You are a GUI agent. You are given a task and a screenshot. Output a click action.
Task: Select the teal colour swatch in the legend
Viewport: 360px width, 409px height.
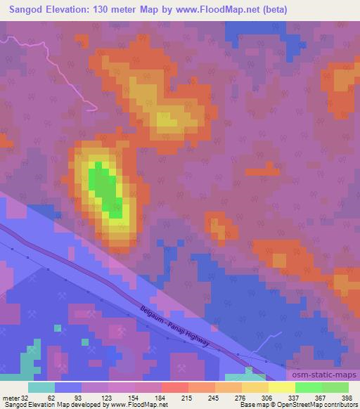point(41,387)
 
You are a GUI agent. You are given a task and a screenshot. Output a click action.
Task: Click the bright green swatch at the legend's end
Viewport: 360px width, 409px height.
point(335,387)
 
